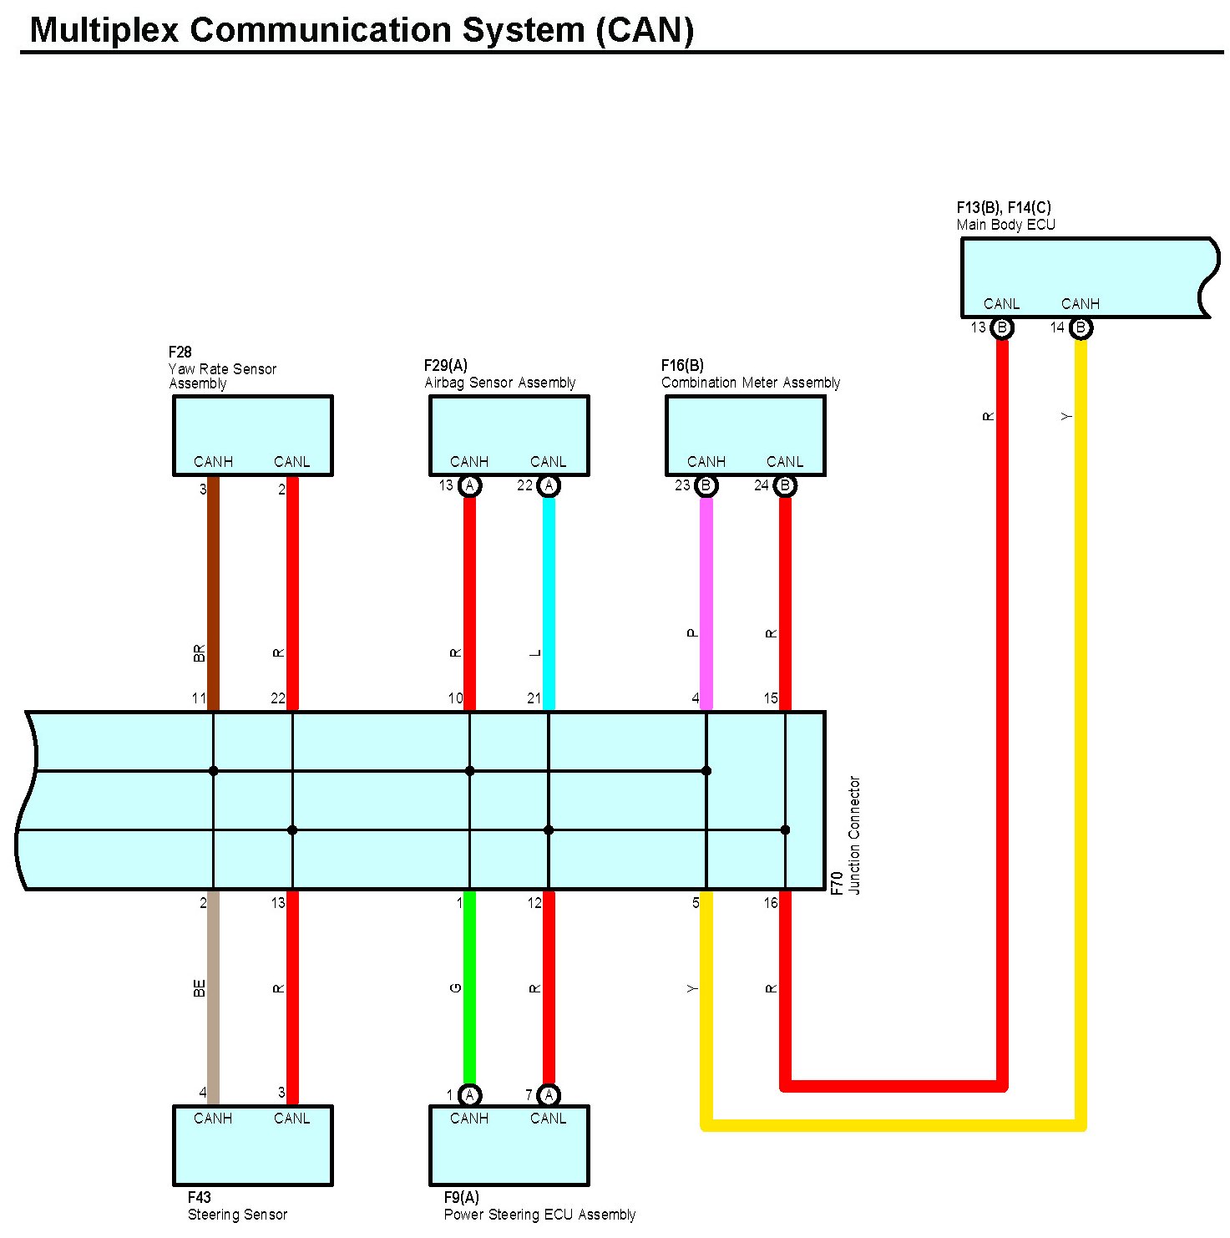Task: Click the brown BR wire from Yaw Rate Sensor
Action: pos(213,585)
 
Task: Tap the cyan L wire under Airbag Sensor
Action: pos(549,585)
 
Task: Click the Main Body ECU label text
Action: pos(1005,225)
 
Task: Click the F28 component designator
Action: pos(180,353)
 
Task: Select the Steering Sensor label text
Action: pos(237,1215)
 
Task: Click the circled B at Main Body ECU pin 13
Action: pos(1002,328)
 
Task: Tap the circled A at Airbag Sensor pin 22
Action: pos(549,485)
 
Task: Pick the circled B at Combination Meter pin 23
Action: pos(706,485)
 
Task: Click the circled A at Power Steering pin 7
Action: pos(549,1095)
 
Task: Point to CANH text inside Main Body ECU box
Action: pos(1080,304)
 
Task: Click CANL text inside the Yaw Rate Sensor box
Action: pos(291,462)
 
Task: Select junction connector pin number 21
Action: pos(534,698)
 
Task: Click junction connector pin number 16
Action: pos(771,903)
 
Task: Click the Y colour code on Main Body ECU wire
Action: pos(1065,416)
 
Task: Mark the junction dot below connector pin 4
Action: pos(706,771)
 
